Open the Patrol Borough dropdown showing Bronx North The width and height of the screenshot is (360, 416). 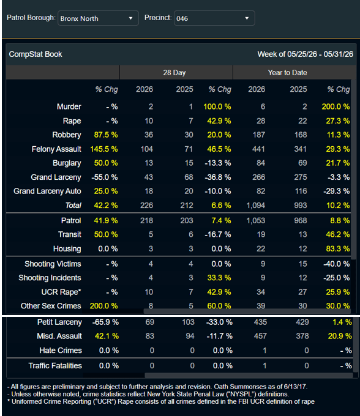click(98, 18)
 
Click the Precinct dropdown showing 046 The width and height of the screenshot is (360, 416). click(214, 18)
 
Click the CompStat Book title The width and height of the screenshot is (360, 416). click(36, 54)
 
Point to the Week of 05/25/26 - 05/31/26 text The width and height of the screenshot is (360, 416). click(306, 54)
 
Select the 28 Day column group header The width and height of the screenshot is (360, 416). click(174, 72)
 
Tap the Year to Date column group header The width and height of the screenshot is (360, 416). click(287, 72)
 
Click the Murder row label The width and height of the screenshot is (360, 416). click(69, 106)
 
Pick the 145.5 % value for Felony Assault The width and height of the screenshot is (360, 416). click(104, 149)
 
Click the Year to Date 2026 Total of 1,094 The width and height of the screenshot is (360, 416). click(256, 206)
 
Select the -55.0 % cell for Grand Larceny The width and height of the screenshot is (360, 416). click(104, 177)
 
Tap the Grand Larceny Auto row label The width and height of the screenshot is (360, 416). click(47, 191)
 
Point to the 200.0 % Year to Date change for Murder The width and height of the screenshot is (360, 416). click(336, 106)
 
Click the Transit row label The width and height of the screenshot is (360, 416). click(70, 234)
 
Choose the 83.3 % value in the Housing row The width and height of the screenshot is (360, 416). click(338, 249)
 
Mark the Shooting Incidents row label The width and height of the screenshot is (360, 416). click(50, 278)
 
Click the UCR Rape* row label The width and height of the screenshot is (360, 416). click(61, 292)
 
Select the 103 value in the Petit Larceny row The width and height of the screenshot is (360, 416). click(188, 322)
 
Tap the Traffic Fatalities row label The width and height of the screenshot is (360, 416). click(55, 366)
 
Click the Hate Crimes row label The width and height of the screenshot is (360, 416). click(61, 351)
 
